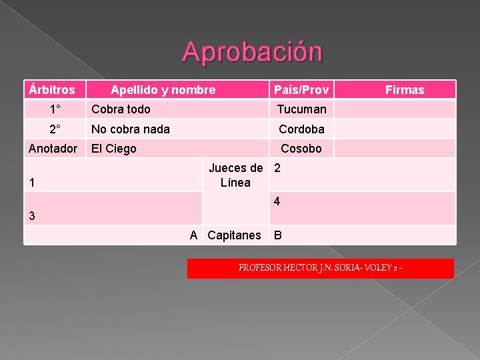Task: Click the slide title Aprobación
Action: (x=253, y=52)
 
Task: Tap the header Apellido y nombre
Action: (x=163, y=89)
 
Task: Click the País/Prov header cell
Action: (x=301, y=89)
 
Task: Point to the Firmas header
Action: (x=405, y=89)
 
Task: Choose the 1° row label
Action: (x=55, y=109)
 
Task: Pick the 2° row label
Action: (x=55, y=129)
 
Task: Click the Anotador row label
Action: (x=53, y=149)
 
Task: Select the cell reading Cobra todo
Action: (x=121, y=109)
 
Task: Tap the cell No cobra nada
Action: (x=131, y=129)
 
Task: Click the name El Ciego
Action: (x=114, y=149)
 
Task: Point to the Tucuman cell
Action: (x=302, y=109)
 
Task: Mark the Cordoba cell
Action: (x=302, y=129)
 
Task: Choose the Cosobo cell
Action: (x=302, y=149)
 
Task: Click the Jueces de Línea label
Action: (x=236, y=175)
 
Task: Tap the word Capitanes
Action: (x=234, y=235)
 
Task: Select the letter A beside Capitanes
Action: (x=193, y=235)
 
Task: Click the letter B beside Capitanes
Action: (x=278, y=235)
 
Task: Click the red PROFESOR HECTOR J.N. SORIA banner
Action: (x=320, y=268)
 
